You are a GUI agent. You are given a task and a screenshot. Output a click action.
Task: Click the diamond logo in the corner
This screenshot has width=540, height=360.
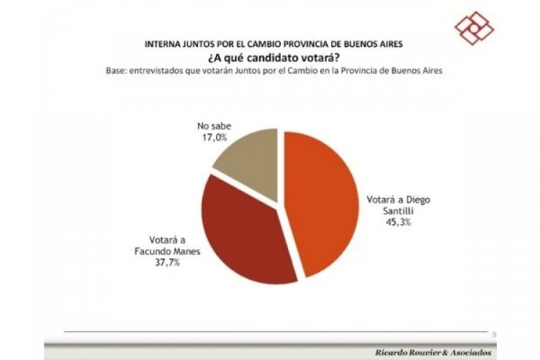(474, 28)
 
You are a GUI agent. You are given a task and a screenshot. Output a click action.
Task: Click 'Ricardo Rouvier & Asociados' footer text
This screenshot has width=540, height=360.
(433, 352)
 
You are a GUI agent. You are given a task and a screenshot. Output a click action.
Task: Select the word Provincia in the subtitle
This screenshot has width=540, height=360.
(361, 71)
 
